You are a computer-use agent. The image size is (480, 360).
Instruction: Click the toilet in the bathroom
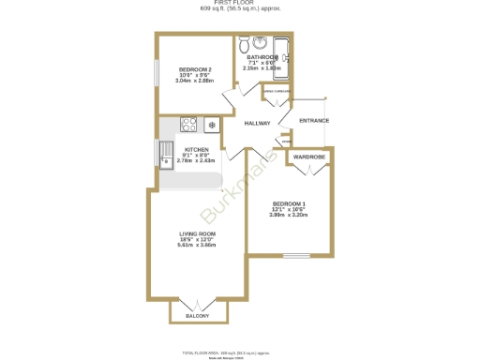(245, 43)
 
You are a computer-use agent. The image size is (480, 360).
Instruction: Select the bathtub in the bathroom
(282, 57)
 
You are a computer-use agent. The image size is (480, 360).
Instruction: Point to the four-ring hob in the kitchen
(187, 122)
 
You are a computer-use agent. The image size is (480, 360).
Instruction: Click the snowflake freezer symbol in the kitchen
(212, 124)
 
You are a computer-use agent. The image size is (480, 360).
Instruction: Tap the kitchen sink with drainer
(167, 153)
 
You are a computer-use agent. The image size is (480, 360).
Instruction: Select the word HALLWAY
(257, 124)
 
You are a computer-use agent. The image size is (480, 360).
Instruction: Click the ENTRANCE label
(313, 121)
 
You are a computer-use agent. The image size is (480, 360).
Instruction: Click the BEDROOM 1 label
(290, 203)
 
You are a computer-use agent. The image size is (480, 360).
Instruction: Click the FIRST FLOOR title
(240, 4)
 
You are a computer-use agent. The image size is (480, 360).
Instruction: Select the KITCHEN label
(196, 150)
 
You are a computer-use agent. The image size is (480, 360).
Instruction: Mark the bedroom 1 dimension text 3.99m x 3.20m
(290, 216)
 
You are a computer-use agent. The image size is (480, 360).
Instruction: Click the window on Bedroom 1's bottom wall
(297, 255)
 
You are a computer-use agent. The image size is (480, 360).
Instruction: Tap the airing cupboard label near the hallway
(275, 89)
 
